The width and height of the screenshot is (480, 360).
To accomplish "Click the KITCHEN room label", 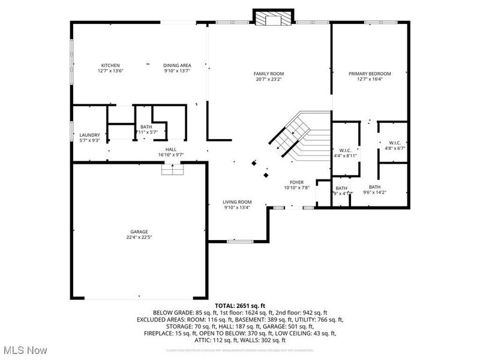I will (x=110, y=65).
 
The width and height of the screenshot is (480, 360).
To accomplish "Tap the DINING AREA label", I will (x=177, y=65).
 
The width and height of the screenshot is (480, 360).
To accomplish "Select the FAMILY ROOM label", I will (x=268, y=73).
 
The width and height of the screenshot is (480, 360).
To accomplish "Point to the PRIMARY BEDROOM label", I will (x=370, y=73).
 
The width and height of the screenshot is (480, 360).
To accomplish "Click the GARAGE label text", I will (x=139, y=232).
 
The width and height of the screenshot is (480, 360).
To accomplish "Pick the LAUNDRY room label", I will (x=89, y=135).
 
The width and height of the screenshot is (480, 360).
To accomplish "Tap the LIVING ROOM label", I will (x=238, y=202).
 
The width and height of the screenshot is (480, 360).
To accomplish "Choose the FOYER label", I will (x=297, y=182).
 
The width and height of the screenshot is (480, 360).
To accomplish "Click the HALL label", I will (x=171, y=149).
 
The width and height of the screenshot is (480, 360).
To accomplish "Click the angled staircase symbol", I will (x=298, y=134).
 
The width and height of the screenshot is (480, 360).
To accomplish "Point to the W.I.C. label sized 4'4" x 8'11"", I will (x=345, y=150).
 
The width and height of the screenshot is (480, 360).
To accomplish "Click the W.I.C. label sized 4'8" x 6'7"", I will (x=386, y=142).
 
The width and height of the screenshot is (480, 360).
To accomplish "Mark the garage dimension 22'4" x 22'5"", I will (x=139, y=237).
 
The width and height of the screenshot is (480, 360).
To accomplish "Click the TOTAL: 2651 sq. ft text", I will (x=240, y=306).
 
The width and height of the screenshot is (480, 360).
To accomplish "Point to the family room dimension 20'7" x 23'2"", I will (x=268, y=79).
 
